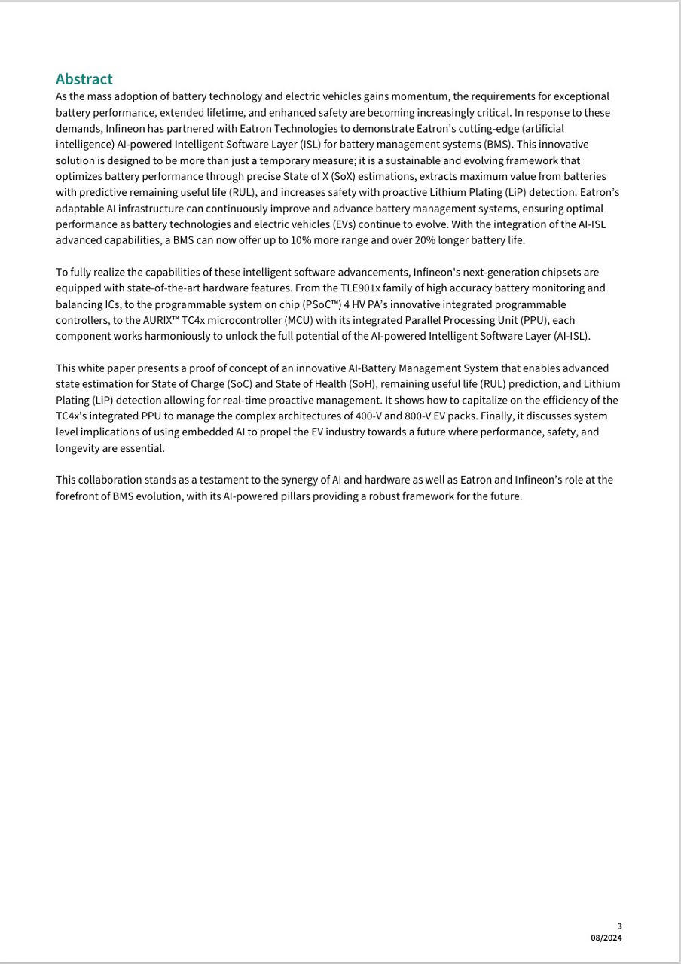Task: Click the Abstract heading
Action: click(x=84, y=79)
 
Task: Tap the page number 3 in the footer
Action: click(x=619, y=926)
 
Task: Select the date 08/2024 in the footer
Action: click(x=606, y=938)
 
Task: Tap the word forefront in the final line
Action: click(x=80, y=496)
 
